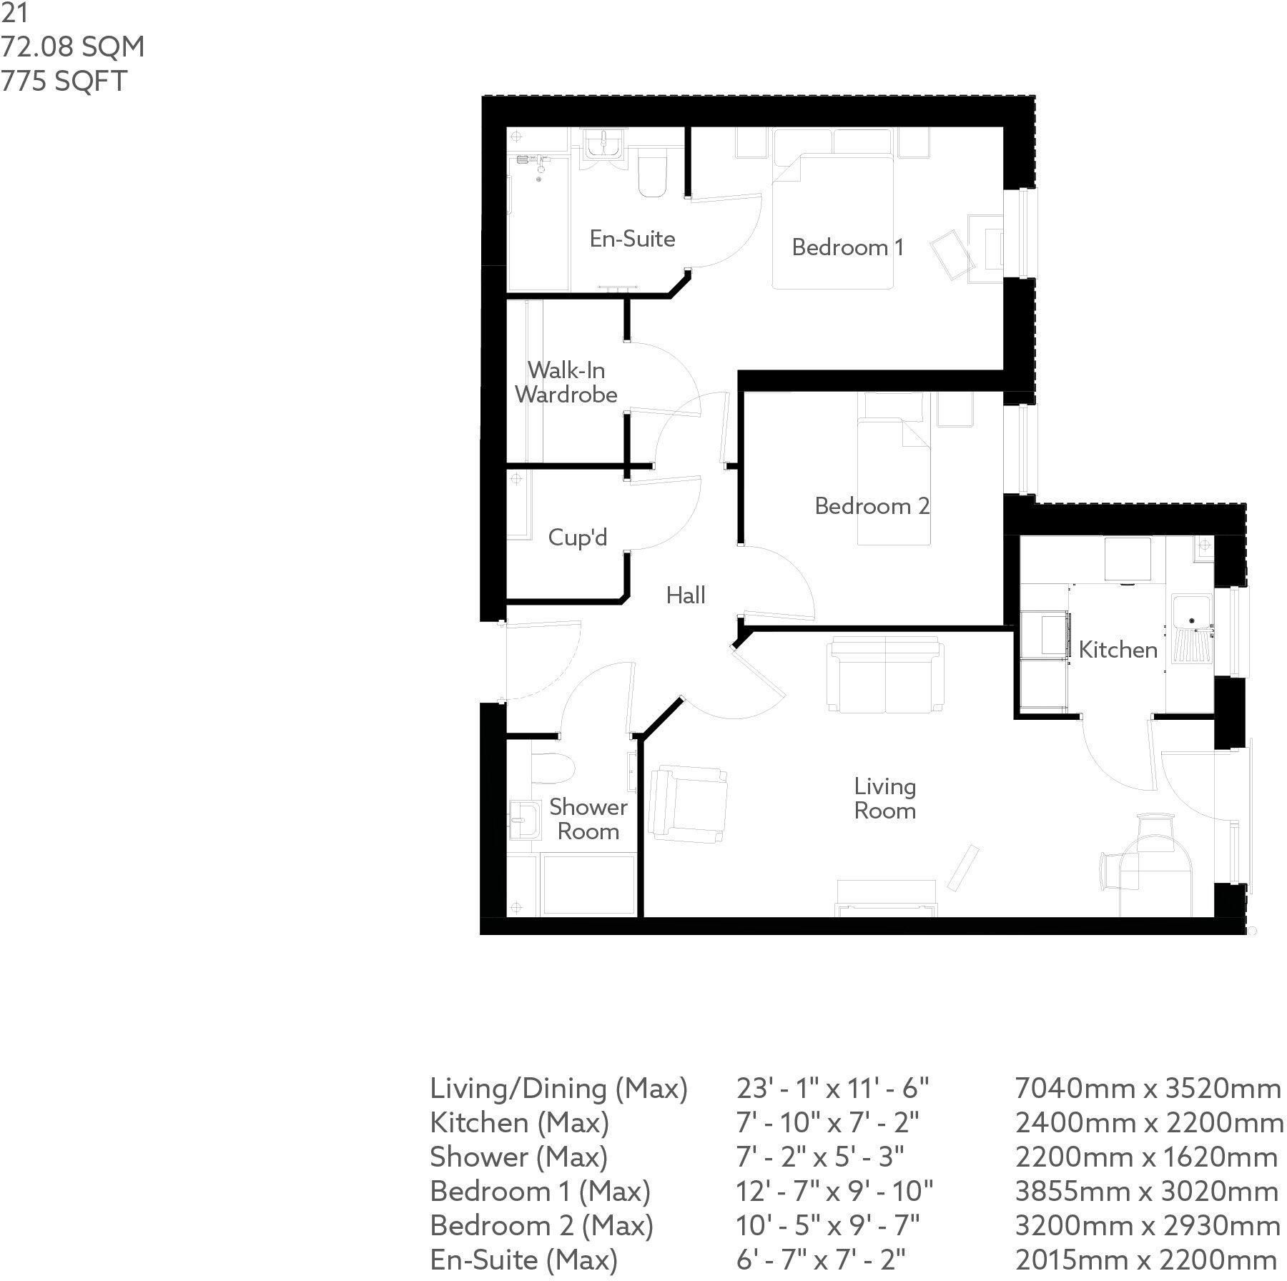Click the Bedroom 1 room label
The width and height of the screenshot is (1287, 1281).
point(847,247)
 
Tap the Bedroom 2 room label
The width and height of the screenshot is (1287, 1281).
point(872,506)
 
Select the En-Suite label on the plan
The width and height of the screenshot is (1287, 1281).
point(632,238)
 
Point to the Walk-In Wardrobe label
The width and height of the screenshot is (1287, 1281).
point(566,382)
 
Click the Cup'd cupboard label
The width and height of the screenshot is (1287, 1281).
point(578,537)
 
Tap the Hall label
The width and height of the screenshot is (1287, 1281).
point(686,595)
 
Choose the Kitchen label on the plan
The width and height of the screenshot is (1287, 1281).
point(1118,649)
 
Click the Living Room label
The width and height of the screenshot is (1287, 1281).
point(885,798)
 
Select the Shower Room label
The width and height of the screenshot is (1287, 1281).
point(588,819)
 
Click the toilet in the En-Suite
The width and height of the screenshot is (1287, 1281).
point(651,174)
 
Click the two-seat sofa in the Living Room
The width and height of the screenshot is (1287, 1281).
point(885,674)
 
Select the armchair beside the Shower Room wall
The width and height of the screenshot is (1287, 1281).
point(686,801)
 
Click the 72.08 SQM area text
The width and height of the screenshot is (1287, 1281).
point(72,46)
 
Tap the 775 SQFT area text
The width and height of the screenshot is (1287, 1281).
point(64,81)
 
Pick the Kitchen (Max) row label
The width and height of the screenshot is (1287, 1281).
point(519,1123)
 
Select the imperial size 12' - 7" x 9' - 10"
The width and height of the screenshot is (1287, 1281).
point(834,1192)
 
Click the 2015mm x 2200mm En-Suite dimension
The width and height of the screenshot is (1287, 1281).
point(1146,1260)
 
